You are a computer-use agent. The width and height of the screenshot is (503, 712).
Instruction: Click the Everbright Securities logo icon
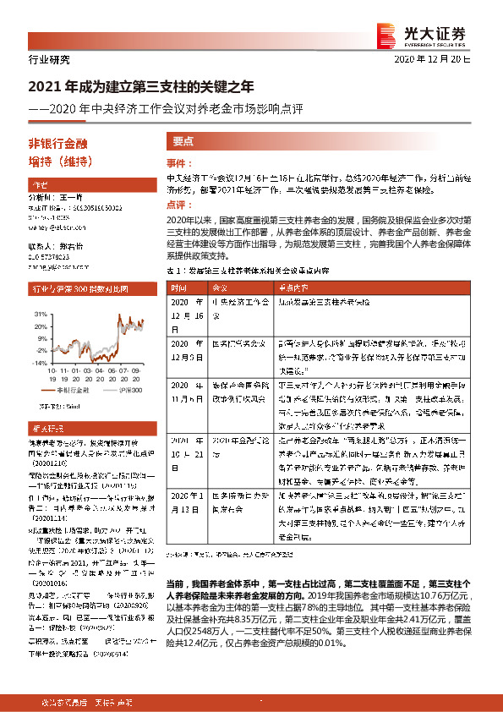click(x=387, y=33)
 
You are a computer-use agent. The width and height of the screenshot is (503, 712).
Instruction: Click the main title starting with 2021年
click(x=141, y=87)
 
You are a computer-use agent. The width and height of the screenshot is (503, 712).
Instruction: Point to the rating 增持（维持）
click(x=60, y=162)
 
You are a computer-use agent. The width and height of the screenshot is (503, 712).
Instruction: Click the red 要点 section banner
click(x=183, y=142)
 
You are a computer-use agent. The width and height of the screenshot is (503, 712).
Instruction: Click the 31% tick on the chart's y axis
click(x=40, y=313)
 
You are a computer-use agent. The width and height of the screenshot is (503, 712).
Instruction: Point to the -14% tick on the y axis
click(x=38, y=362)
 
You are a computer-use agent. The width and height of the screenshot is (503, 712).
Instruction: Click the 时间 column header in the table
click(x=183, y=287)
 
